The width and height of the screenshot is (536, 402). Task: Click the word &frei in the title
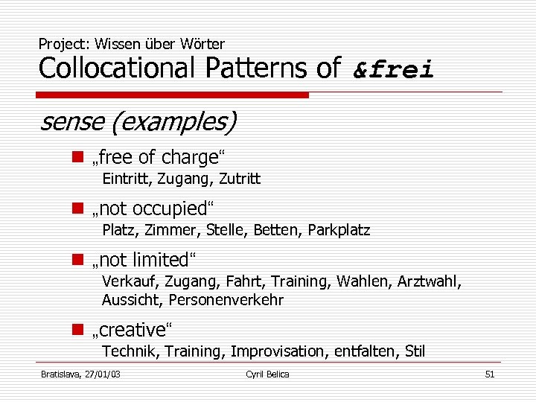[x=393, y=69]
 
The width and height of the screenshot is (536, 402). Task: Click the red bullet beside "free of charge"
[x=77, y=157]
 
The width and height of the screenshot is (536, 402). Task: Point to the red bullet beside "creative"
[x=77, y=329]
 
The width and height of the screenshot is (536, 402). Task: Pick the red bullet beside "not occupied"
[x=77, y=208]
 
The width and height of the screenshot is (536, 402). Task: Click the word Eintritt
[x=124, y=179]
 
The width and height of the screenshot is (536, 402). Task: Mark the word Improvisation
[x=279, y=351]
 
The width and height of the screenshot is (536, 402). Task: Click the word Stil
[x=415, y=351]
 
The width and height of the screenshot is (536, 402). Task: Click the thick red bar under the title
[x=173, y=95]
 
